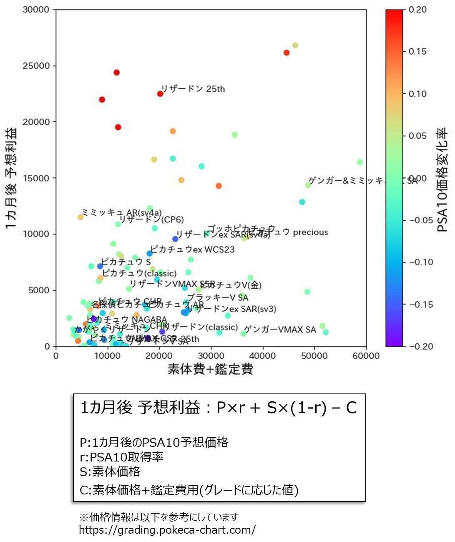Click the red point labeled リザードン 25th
coord(160,94)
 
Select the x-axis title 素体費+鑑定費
coord(210,369)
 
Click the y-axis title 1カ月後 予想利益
coord(12,178)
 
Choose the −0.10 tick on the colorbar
coord(420,262)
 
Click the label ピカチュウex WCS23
coord(192,250)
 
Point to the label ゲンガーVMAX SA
coord(280,330)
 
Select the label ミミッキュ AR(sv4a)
coord(121,212)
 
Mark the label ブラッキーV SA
coord(218,297)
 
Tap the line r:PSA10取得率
coord(121,457)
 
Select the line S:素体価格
coord(110,471)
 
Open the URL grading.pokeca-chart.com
coord(167,530)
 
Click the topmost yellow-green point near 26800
coord(295,45)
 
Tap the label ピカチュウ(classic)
coord(139,274)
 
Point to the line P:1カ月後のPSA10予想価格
coord(154,442)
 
